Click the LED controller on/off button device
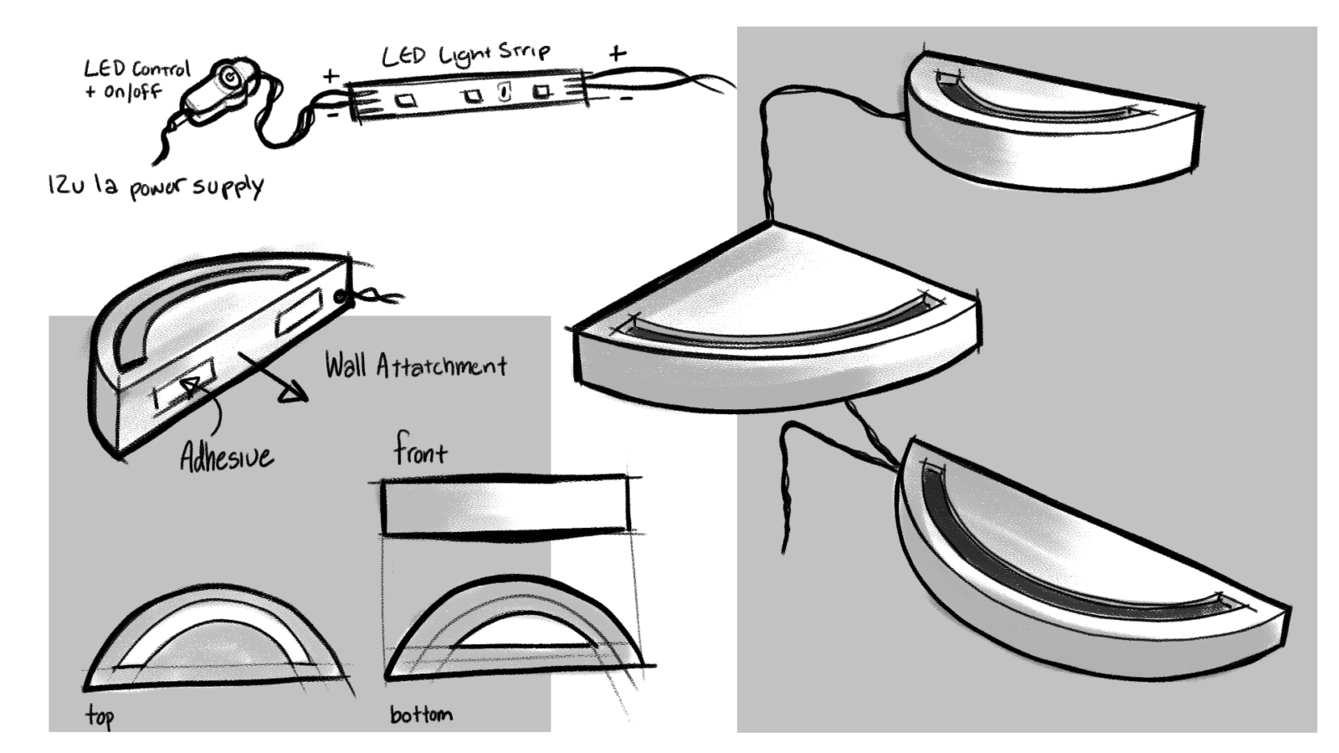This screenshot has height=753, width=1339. click(x=220, y=90)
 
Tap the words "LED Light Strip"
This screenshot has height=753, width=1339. click(x=465, y=56)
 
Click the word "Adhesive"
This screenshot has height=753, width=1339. click(x=227, y=457)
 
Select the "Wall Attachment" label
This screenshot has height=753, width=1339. click(x=416, y=366)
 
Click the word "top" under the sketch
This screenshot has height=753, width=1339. click(x=100, y=715)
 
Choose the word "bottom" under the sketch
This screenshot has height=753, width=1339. click(x=421, y=715)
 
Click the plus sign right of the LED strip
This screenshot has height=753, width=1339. click(x=618, y=54)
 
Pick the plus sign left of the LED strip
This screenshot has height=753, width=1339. click(x=331, y=76)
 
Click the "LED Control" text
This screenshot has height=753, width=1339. click(x=136, y=69)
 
